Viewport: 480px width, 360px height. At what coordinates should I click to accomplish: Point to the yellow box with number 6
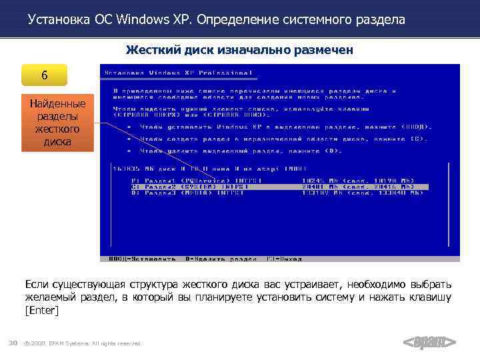[x=44, y=75]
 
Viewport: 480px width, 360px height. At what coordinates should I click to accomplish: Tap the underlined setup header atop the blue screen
[x=180, y=73]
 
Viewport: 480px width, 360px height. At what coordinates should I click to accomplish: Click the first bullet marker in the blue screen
[x=123, y=126]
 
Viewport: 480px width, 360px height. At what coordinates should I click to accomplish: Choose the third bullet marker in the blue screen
[x=123, y=151]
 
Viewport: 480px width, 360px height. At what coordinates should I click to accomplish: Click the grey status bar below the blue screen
[x=280, y=259]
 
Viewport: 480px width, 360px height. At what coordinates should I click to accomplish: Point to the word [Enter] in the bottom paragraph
[x=41, y=311]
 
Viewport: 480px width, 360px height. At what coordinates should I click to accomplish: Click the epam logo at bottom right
[x=429, y=343]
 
